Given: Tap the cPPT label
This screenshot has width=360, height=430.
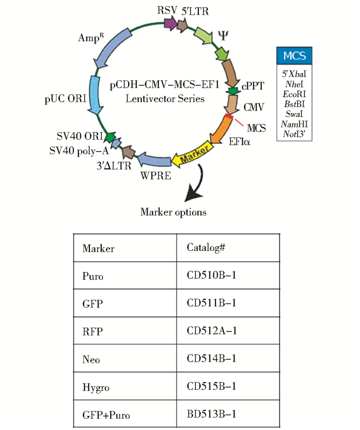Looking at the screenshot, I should tap(251, 88).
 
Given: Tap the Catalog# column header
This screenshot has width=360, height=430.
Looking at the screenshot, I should tap(206, 248).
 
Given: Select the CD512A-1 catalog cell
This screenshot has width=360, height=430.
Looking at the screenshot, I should tap(211, 331).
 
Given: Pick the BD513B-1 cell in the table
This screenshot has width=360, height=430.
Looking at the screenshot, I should tap(211, 414).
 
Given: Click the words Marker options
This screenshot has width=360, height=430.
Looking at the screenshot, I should tap(173, 212).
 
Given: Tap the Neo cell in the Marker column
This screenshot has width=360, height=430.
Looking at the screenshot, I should tap(89, 359).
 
